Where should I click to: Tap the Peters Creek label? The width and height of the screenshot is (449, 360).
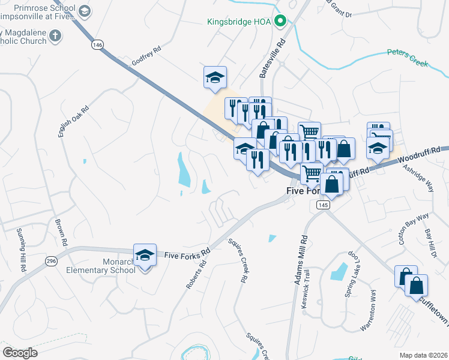coord(407,56)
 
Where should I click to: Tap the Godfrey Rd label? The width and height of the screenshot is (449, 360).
coord(146,56)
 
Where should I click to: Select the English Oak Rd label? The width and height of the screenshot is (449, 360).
coord(73,122)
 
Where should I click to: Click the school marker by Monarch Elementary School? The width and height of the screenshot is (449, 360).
coord(144,256)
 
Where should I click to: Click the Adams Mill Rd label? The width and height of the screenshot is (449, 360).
coord(300,260)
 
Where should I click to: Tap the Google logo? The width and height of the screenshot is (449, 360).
coord(20,352)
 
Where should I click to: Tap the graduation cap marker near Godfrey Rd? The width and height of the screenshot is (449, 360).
coord(215,77)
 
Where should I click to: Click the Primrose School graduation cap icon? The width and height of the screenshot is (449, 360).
coord(84,11)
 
